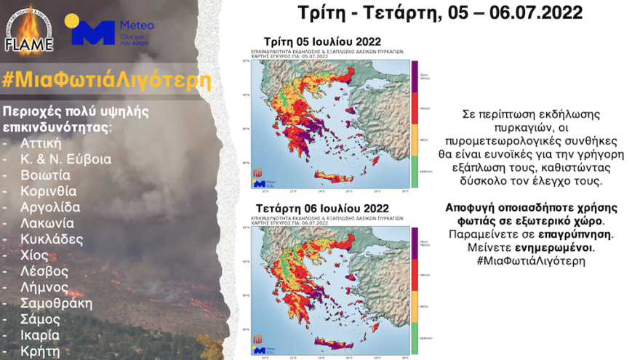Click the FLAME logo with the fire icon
29,31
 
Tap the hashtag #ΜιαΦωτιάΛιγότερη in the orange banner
107,80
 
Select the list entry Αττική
41,143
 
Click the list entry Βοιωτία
45,175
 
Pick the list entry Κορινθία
49,191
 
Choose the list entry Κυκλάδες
51,239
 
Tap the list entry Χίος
34,255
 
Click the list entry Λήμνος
44,287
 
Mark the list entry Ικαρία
40,335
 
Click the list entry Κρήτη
39,351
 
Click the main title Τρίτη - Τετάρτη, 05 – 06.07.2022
441,13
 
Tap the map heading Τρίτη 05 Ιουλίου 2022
321,41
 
